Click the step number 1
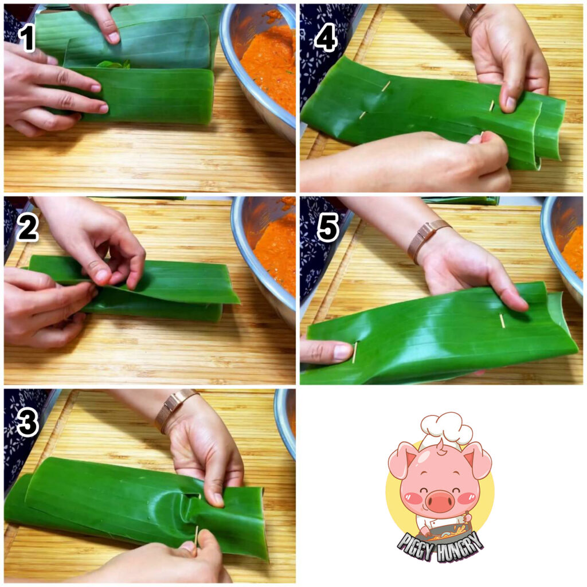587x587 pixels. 27,40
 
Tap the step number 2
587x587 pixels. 28,228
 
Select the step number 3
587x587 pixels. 28,421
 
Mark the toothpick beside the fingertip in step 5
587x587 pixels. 354,352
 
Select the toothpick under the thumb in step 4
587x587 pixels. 491,106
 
